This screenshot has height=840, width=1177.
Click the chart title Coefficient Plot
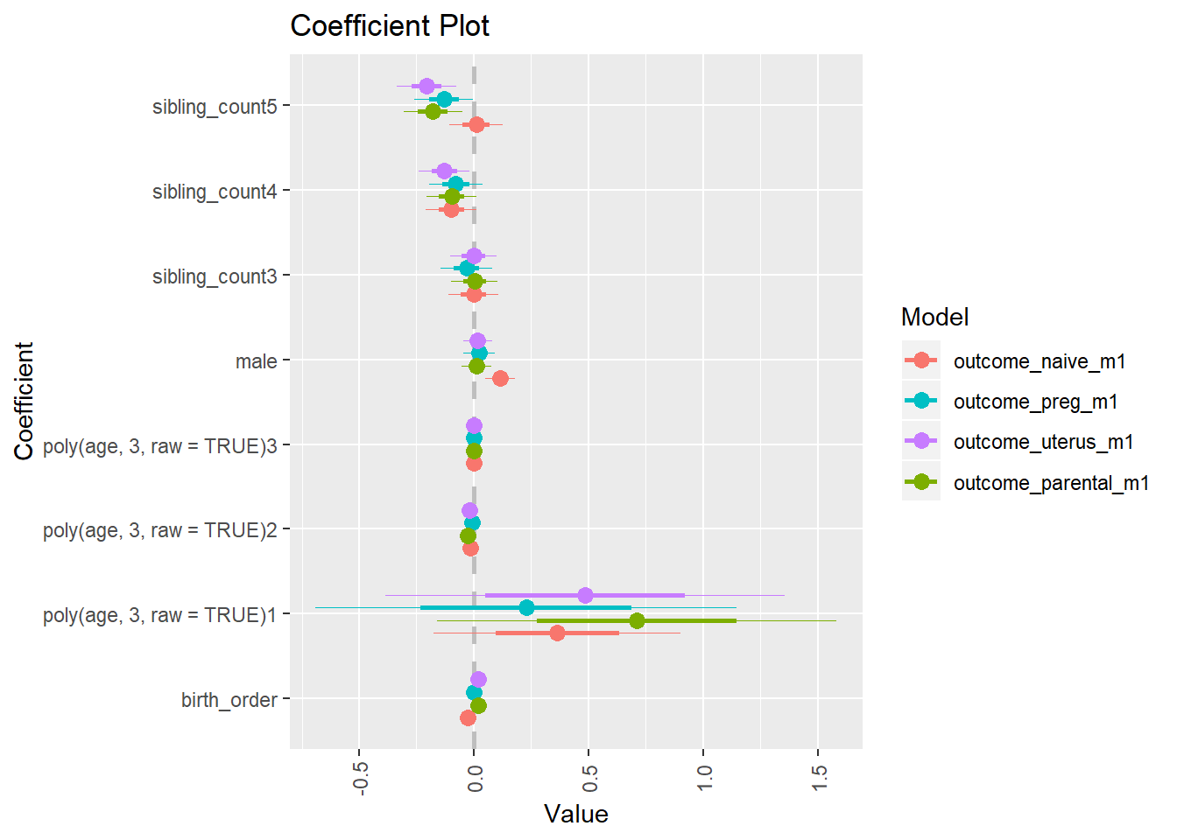pyautogui.click(x=390, y=26)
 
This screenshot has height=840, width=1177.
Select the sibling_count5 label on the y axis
pyautogui.click(x=215, y=107)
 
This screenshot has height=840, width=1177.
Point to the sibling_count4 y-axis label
pyautogui.click(x=215, y=192)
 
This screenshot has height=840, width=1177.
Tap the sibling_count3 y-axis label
pyautogui.click(x=215, y=276)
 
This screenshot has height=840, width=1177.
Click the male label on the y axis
pyautogui.click(x=256, y=361)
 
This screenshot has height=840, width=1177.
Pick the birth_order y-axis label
pyautogui.click(x=229, y=700)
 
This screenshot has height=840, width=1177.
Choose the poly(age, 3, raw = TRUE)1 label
pyautogui.click(x=159, y=615)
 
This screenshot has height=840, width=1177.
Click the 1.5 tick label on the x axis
pyautogui.click(x=819, y=778)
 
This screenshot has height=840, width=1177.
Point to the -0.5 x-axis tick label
pyautogui.click(x=360, y=778)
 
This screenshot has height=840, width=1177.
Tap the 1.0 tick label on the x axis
pyautogui.click(x=704, y=778)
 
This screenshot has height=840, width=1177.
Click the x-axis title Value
pyautogui.click(x=575, y=815)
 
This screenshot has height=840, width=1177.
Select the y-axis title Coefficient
pyautogui.click(x=24, y=401)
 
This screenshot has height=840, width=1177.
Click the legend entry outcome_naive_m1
pyautogui.click(x=1040, y=361)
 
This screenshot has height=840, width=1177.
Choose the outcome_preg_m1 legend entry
pyautogui.click(x=1035, y=402)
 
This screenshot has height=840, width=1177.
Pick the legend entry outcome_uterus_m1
pyautogui.click(x=1043, y=442)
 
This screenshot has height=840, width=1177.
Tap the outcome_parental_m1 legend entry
pyautogui.click(x=1051, y=483)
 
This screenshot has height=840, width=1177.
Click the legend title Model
pyautogui.click(x=934, y=317)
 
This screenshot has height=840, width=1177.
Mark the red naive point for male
pyautogui.click(x=500, y=378)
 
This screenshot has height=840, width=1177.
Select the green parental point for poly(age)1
pyautogui.click(x=637, y=620)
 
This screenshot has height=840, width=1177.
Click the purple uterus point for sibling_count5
pyautogui.click(x=426, y=86)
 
